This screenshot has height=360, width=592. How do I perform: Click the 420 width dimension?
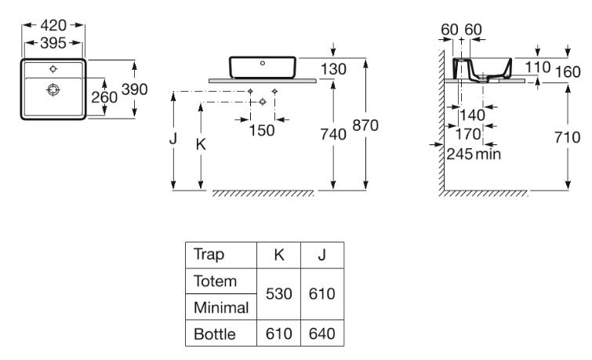click(53, 25)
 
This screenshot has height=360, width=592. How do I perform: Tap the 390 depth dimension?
click(134, 89)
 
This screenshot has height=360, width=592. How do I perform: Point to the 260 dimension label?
click(104, 97)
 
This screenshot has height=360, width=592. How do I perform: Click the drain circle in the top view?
click(53, 89)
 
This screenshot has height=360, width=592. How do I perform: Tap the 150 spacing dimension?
click(262, 131)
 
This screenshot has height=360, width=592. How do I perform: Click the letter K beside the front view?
click(202, 144)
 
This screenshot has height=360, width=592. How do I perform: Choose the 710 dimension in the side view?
click(567, 137)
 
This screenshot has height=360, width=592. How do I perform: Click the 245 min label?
click(473, 155)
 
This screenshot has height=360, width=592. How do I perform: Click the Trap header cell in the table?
click(209, 255)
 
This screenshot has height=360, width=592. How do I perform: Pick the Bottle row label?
click(214, 334)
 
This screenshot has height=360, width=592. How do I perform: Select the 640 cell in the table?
click(322, 334)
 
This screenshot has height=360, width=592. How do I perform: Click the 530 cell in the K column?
click(279, 294)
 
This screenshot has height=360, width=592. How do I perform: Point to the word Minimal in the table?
click(220, 307)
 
